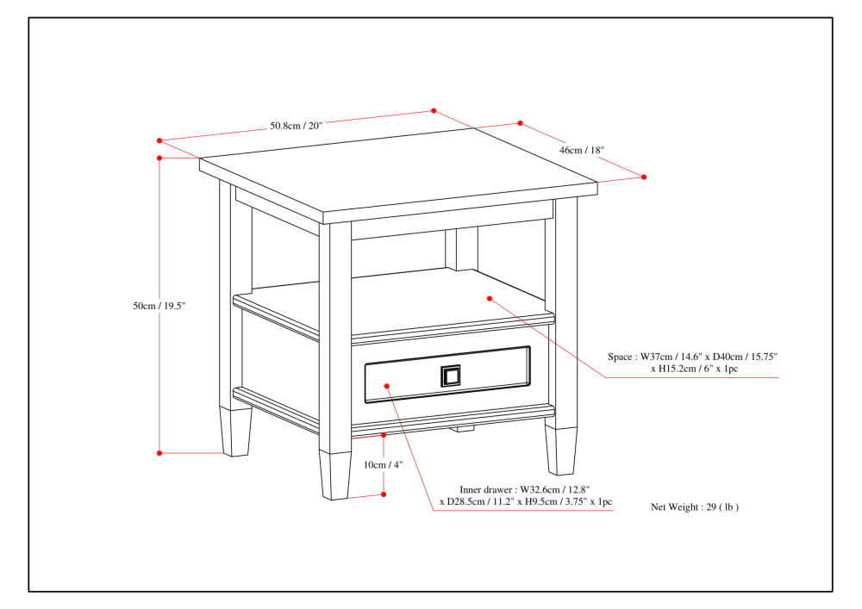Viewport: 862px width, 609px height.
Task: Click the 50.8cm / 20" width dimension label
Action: pos(296,126)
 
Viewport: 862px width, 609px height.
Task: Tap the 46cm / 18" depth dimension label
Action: pos(582,150)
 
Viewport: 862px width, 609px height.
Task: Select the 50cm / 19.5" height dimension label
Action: pos(159,306)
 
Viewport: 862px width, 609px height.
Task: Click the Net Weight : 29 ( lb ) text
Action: pos(694,507)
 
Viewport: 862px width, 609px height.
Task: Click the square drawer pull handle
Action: pos(451,376)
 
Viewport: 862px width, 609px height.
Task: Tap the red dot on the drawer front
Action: pos(387,386)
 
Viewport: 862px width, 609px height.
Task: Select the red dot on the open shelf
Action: pos(489,299)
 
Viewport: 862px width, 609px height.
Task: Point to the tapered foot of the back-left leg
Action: pos(236,431)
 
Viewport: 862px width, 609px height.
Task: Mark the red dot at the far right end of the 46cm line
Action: pos(644,177)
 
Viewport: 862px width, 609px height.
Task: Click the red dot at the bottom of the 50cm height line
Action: pos(159,452)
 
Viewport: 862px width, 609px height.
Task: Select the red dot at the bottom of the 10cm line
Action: pos(384,494)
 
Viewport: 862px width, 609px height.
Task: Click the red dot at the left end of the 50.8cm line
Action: pos(159,140)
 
